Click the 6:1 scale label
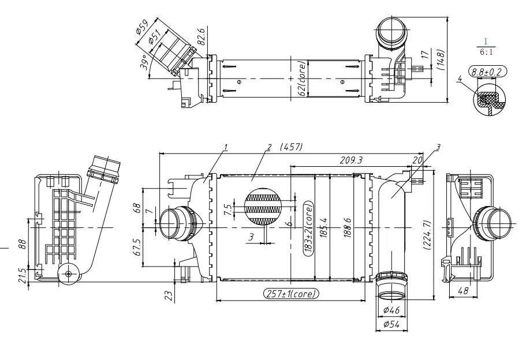click(486, 52)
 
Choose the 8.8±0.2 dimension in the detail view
click(486, 72)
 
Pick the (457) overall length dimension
click(291, 148)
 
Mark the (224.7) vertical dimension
click(427, 234)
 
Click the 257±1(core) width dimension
click(291, 293)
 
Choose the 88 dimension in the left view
click(23, 245)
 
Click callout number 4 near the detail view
click(460, 78)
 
